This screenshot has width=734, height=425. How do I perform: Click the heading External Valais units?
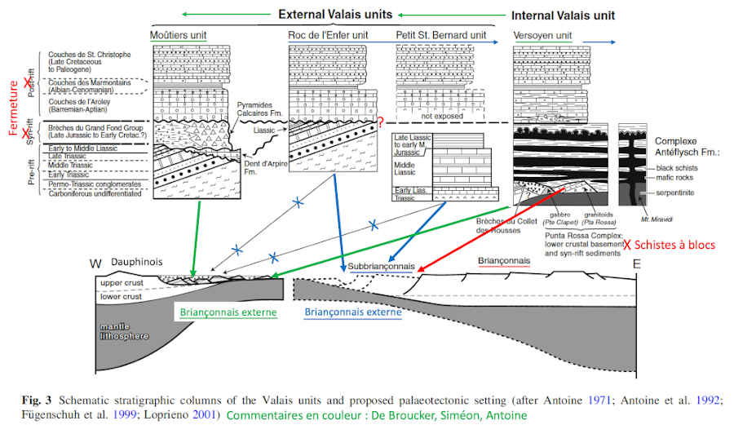336,14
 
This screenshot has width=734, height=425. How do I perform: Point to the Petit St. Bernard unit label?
441,36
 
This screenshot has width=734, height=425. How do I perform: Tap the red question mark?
379,122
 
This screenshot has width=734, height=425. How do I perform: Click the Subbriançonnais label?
381,267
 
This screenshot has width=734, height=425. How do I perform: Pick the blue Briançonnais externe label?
352,311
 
